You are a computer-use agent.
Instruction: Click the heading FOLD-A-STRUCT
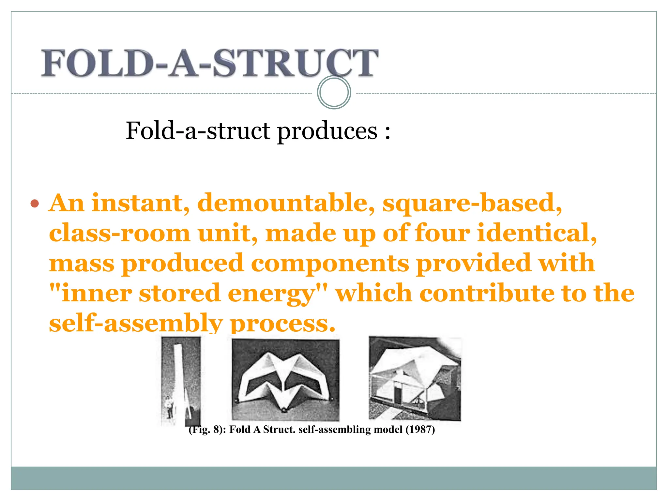point(209,63)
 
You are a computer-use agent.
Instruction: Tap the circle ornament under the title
point(334,92)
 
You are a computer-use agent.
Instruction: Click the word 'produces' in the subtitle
point(327,131)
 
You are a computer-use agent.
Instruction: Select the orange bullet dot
point(35,204)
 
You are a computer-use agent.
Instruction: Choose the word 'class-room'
point(119,233)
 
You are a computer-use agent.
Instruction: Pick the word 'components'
point(330,263)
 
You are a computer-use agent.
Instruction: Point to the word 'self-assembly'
point(136,323)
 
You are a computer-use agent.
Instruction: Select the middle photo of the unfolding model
point(285,380)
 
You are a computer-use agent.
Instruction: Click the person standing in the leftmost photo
point(169,407)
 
